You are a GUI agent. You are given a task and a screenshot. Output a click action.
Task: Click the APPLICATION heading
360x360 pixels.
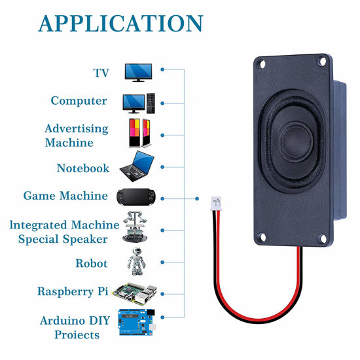[120, 23]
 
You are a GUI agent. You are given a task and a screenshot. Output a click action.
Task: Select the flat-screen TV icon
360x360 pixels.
[138, 72]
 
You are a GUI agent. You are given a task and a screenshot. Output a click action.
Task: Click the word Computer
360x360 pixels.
[79, 101]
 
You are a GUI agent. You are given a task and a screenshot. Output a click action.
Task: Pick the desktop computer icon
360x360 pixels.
[139, 102]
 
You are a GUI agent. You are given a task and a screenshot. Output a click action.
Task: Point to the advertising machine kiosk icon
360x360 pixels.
[139, 133]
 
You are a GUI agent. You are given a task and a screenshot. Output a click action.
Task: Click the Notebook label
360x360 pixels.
[82, 168]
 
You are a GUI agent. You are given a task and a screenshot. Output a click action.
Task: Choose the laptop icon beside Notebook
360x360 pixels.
[137, 166]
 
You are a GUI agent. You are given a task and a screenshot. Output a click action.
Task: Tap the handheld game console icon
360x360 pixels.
[138, 196]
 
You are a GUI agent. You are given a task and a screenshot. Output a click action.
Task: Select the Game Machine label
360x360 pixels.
[65, 196]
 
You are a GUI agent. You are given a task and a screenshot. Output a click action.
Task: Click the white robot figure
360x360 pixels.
[136, 262]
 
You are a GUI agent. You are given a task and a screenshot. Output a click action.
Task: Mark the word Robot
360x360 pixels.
[91, 264]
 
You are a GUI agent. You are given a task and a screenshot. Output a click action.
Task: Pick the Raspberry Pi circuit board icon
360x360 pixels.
[135, 291]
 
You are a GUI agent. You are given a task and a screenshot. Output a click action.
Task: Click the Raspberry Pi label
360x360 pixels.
[73, 291]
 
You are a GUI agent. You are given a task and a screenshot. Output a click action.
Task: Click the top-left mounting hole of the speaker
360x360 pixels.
[262, 65]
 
